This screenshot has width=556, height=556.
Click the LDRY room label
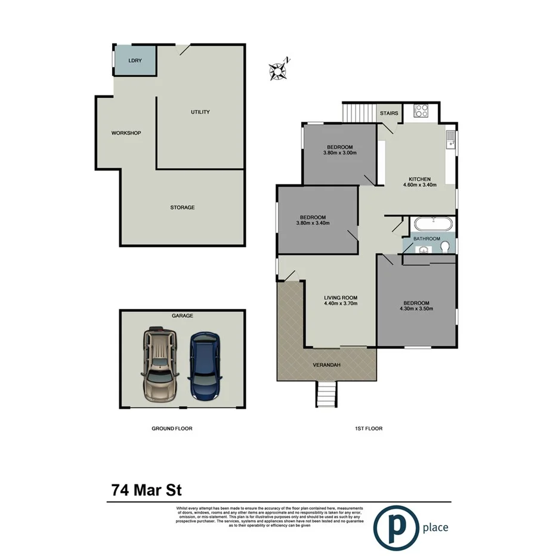click(135, 60)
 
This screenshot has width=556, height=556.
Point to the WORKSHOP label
click(126, 133)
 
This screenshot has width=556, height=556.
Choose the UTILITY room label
click(200, 112)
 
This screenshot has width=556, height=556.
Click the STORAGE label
click(183, 208)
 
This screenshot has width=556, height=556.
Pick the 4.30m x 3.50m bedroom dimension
click(416, 308)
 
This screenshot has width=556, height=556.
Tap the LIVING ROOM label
click(341, 298)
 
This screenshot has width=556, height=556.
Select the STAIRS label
click(389, 112)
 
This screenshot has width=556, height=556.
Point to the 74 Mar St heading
click(146, 490)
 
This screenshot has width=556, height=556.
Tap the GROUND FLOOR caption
click(172, 428)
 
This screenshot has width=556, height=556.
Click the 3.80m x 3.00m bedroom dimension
click(339, 153)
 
